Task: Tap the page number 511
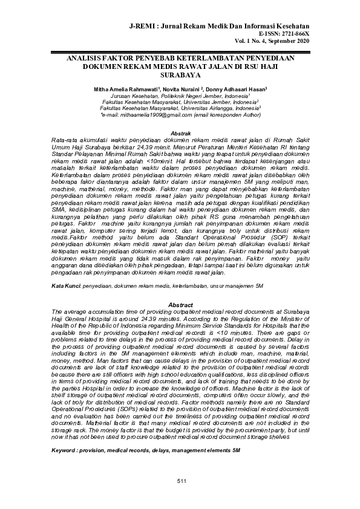pos(181,480)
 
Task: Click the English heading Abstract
pos(180,304)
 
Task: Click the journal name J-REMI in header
pos(143,27)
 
